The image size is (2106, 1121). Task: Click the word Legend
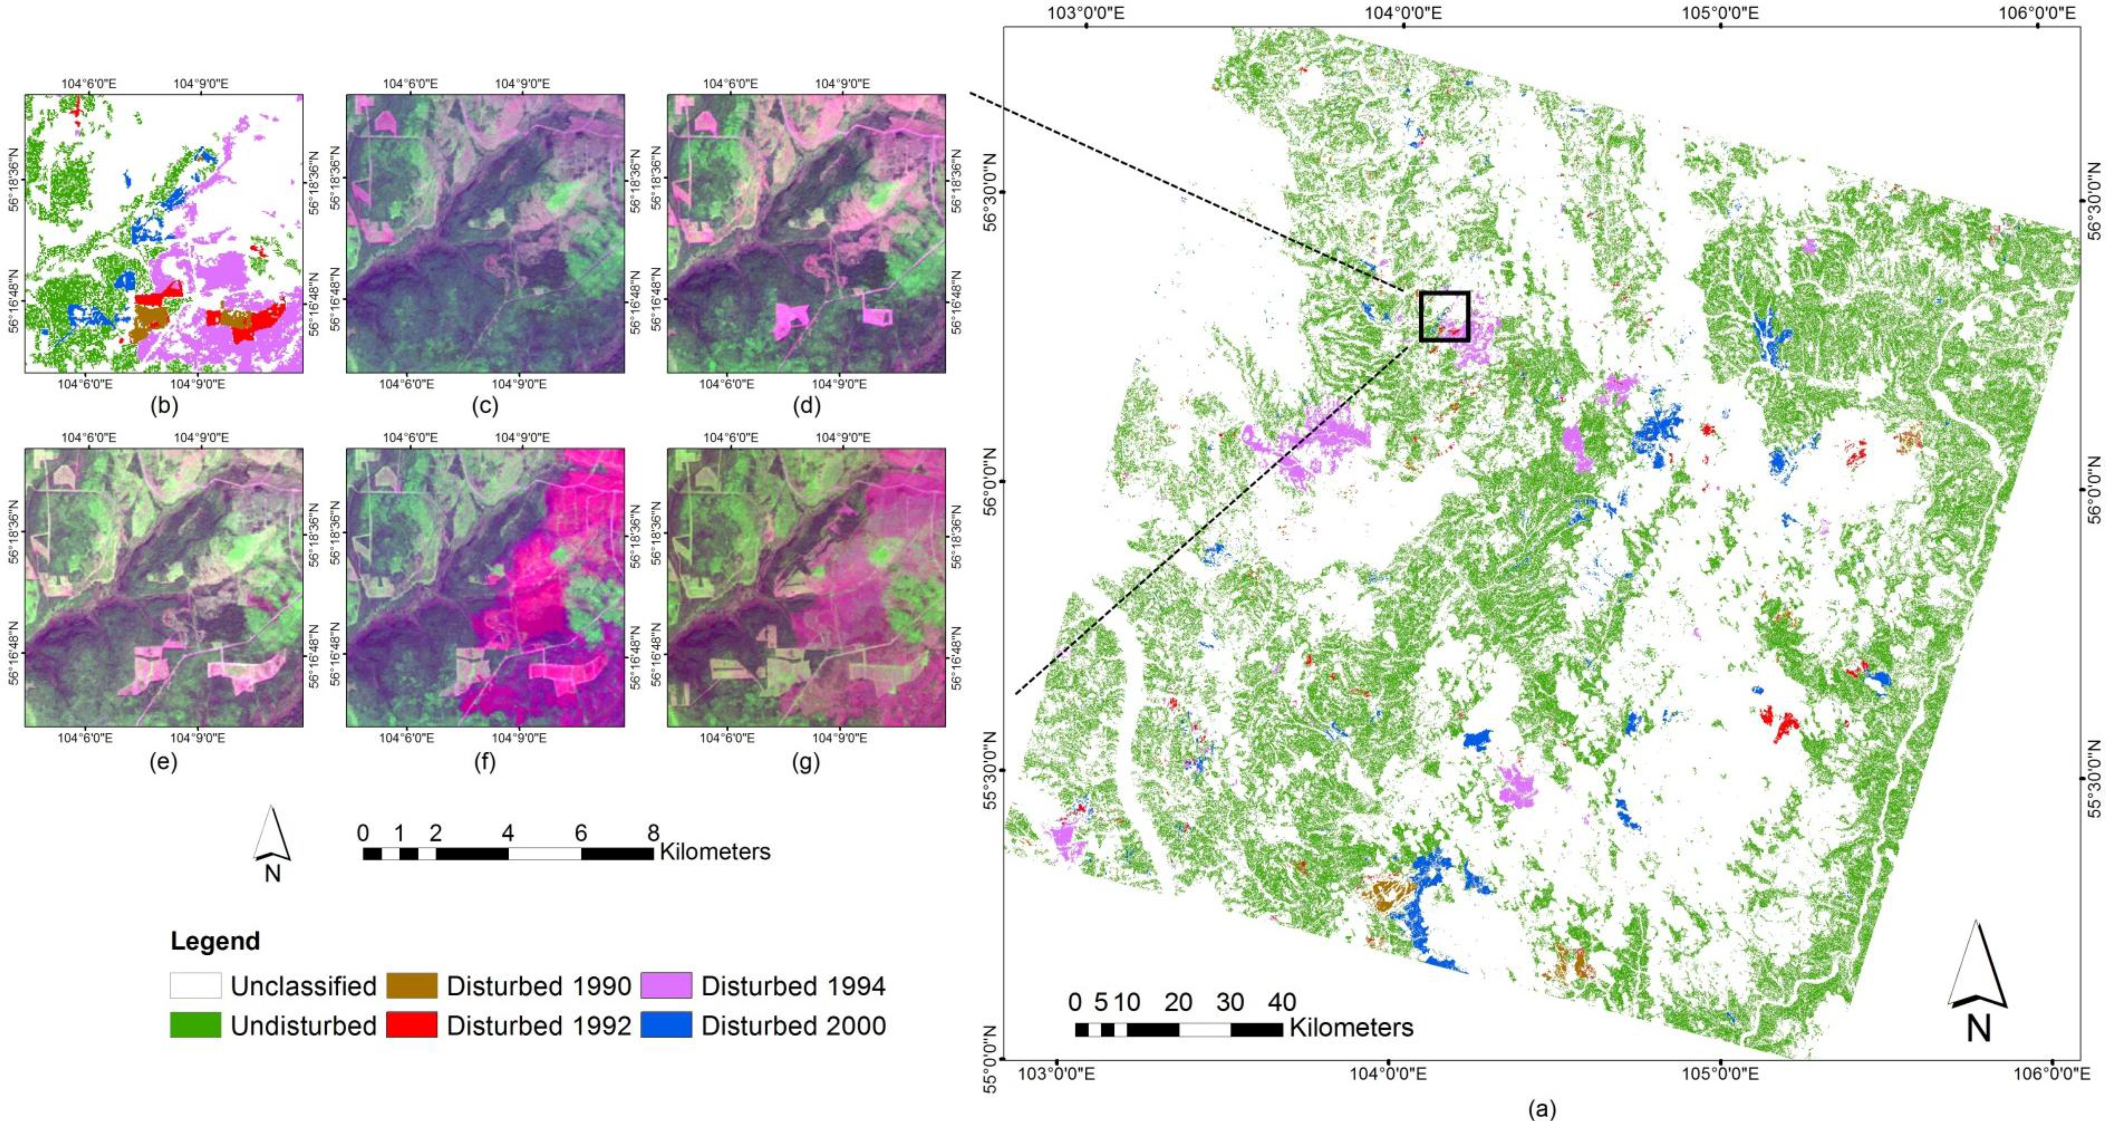tap(215, 941)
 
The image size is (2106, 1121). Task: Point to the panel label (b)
tap(164, 405)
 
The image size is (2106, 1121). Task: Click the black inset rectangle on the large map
tap(1444, 316)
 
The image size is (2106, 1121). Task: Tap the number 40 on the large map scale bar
tap(1282, 1002)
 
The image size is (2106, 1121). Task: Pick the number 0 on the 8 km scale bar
tap(363, 833)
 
